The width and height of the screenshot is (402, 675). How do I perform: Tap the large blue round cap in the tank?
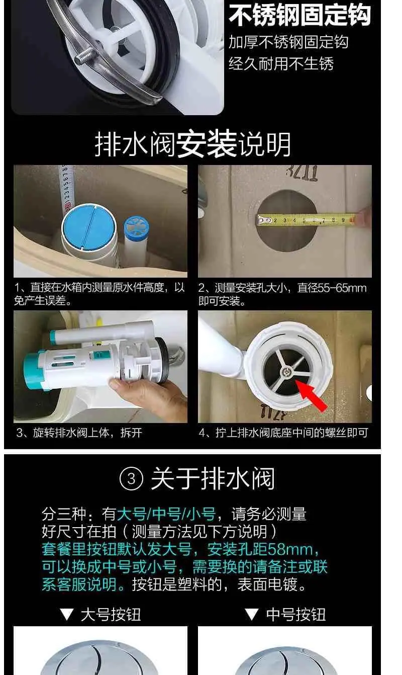point(89,227)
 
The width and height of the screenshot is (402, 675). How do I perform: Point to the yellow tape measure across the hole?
point(306,220)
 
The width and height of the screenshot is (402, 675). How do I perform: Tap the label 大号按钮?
point(111,615)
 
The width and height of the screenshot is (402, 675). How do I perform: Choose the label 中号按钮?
point(296,615)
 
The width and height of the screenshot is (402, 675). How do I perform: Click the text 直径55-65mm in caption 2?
point(332,288)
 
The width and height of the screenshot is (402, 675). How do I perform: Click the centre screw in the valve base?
point(286,372)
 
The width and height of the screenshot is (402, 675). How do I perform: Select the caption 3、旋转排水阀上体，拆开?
point(79,433)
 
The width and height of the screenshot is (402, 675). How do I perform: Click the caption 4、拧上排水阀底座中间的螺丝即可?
point(283,433)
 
